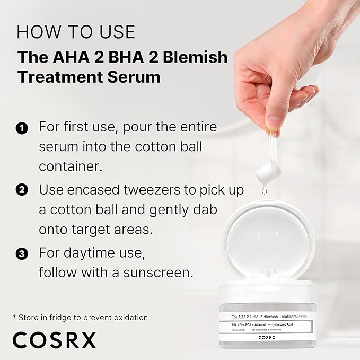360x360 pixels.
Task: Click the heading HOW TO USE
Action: [76, 31]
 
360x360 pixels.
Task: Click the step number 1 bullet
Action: [22, 128]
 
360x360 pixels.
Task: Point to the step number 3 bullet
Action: [22, 253]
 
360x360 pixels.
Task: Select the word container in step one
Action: [69, 166]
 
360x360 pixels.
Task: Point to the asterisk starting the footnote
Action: [14, 317]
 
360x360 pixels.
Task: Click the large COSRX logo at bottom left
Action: [55, 339]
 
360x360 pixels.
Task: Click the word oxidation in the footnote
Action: [127, 317]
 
